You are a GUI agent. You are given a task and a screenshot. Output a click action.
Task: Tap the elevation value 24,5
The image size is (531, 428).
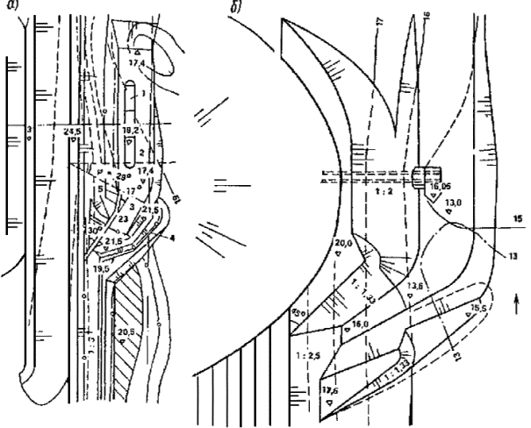pos(73,131)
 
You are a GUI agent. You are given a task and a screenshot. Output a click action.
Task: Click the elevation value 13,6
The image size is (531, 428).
pos(416,287)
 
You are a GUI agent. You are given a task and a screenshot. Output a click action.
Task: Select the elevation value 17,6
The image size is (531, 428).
pos(330,391)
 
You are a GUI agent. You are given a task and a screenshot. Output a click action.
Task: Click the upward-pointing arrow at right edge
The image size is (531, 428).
pos(517,305)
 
